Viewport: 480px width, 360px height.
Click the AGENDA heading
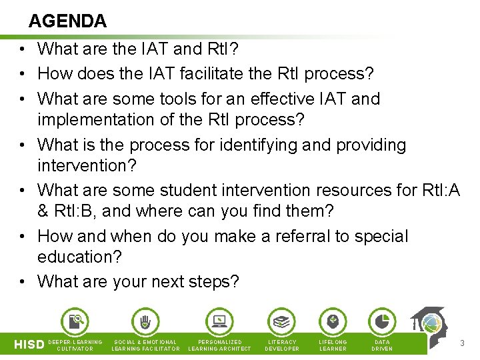[67, 21]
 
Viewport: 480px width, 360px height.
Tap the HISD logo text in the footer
[29, 345]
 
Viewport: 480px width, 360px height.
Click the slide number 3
[462, 343]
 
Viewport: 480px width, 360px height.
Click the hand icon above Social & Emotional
[145, 322]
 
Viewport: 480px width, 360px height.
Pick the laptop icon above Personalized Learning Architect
[219, 322]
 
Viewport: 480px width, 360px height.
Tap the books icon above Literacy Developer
[281, 322]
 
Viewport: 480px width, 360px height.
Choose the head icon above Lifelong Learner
[333, 322]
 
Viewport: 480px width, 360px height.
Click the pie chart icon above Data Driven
[382, 322]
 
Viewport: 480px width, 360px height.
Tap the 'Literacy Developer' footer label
[282, 345]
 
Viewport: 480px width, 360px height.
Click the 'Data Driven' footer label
[382, 345]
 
